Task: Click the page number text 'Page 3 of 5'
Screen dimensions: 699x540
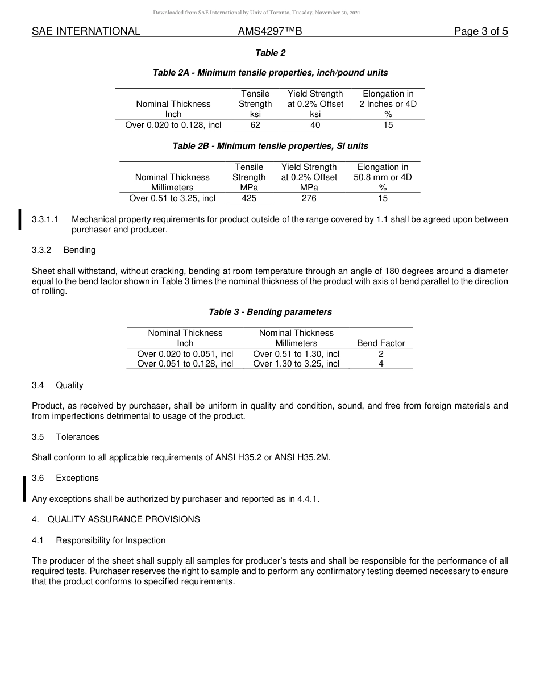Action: tap(480, 32)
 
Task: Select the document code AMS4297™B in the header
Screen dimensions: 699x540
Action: tap(269, 32)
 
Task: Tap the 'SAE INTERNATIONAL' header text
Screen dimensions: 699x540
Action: tap(86, 32)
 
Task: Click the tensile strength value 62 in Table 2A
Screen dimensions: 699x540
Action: tap(255, 125)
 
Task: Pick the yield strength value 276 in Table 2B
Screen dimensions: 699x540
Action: tap(309, 198)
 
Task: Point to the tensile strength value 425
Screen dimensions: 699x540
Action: tap(249, 198)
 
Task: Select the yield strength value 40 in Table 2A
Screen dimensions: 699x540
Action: tap(315, 125)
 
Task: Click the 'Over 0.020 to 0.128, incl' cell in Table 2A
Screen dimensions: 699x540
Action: tap(173, 125)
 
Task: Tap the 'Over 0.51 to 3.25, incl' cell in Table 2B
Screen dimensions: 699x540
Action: tap(172, 198)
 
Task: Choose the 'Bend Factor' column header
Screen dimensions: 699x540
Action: tap(381, 343)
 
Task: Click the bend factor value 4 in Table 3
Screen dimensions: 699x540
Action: tap(381, 364)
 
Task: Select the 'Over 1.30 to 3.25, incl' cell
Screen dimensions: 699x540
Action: tap(296, 364)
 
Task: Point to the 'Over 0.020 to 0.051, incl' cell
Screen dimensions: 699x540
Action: tap(185, 353)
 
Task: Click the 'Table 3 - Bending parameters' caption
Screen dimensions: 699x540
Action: tap(270, 312)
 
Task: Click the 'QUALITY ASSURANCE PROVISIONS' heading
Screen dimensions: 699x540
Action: tap(123, 519)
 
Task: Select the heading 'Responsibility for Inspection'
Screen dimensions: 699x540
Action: tap(110, 540)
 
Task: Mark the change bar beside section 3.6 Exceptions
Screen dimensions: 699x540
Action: tap(24, 489)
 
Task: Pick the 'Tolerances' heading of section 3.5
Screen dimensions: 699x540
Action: tap(77, 437)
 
